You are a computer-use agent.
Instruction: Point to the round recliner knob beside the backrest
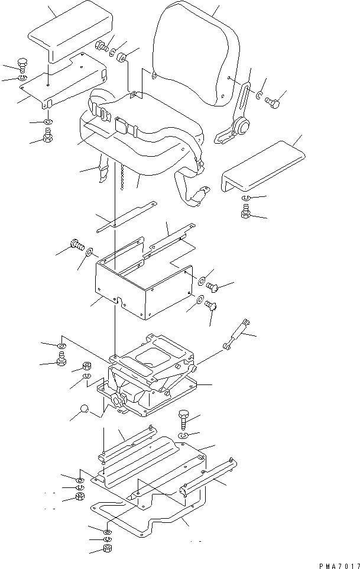click(241, 127)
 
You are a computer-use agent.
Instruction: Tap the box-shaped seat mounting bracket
click(142, 278)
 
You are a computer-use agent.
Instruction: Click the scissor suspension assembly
click(151, 379)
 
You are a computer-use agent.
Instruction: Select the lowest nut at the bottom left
click(108, 549)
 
